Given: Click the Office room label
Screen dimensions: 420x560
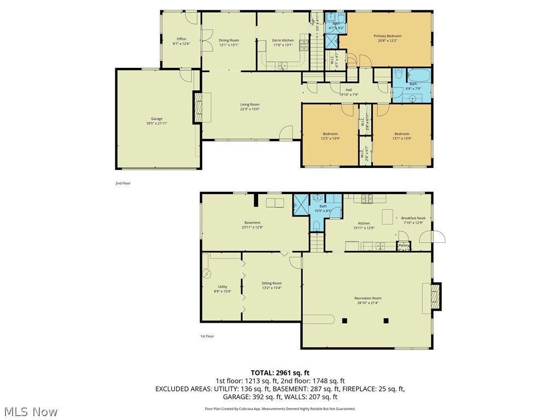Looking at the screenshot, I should tap(181, 39).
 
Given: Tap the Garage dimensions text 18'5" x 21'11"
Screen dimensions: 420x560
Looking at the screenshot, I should tap(157, 124).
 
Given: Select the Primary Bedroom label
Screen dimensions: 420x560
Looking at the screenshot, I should tap(388, 36).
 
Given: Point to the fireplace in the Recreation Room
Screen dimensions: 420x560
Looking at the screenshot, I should tap(435, 298).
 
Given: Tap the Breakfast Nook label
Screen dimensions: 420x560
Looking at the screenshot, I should tap(413, 218).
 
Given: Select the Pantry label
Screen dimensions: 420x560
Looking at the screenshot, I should tap(404, 246).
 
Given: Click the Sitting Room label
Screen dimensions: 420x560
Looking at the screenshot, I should tap(272, 283).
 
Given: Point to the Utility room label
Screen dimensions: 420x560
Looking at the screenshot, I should tap(222, 287).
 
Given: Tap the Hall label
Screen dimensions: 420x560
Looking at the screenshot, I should tap(348, 90).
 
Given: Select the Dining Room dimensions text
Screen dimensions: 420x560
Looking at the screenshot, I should tap(229, 45).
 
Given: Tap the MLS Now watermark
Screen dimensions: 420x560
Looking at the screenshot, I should tap(30, 411).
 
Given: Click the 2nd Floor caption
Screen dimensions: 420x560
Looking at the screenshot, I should tap(123, 183).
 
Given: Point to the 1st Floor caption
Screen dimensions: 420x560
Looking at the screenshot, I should tap(206, 336).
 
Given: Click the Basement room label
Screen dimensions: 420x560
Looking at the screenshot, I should tap(252, 223).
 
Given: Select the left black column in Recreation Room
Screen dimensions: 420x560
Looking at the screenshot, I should tap(345, 320).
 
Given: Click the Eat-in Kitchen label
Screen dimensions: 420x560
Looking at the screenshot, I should tap(283, 40).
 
